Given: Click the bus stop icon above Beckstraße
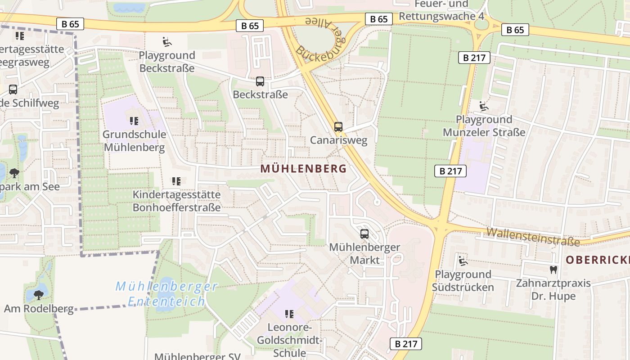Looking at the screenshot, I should pyautogui.click(x=260, y=81).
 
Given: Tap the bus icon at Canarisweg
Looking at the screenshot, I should pyautogui.click(x=338, y=127).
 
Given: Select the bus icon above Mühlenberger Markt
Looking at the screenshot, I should pyautogui.click(x=364, y=234).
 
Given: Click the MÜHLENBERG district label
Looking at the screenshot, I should pyautogui.click(x=303, y=169).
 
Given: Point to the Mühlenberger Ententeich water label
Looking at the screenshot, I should pyautogui.click(x=166, y=293).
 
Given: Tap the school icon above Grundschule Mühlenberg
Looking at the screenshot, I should pyautogui.click(x=134, y=121).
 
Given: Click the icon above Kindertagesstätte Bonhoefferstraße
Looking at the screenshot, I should pyautogui.click(x=176, y=181).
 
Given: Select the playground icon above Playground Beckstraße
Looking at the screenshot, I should pyautogui.click(x=166, y=42).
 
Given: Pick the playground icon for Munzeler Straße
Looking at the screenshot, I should pyautogui.click(x=484, y=106).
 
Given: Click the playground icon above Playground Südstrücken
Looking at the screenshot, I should pyautogui.click(x=463, y=261).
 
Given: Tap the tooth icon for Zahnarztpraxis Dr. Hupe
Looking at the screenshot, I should pyautogui.click(x=553, y=270).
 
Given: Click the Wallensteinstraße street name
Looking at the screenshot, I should pyautogui.click(x=533, y=236).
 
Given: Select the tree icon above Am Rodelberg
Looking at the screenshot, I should pyautogui.click(x=39, y=295).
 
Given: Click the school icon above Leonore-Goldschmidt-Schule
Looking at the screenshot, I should pyautogui.click(x=289, y=314).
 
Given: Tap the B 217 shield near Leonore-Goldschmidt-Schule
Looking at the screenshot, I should pyautogui.click(x=406, y=344).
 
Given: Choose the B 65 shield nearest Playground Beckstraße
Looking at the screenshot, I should pyautogui.click(x=250, y=26).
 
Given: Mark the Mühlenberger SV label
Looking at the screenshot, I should pyautogui.click(x=197, y=356).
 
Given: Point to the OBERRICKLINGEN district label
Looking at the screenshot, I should pyautogui.click(x=598, y=260).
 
